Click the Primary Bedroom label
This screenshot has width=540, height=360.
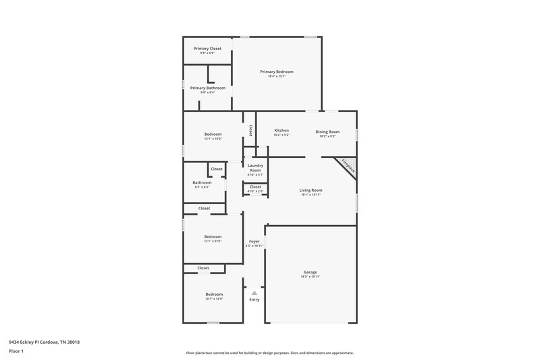(277, 72)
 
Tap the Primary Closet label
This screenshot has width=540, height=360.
(207, 49)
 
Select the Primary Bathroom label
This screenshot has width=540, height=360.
(207, 88)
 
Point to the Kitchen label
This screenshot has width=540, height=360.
(281, 130)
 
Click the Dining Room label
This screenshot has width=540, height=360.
(327, 131)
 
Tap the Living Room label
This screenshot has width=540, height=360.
(311, 190)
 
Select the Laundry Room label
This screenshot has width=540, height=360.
(255, 168)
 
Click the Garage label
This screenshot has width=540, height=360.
(310, 272)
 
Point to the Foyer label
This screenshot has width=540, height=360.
(254, 241)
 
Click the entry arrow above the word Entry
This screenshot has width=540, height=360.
(254, 292)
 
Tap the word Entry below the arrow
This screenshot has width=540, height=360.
(254, 300)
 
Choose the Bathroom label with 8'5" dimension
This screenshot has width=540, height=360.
(202, 182)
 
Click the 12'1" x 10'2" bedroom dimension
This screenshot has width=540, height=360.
(213, 138)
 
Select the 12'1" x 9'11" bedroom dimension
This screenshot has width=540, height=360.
(213, 240)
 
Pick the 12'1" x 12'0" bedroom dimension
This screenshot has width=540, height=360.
(213, 299)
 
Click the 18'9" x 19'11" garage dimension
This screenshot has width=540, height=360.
(310, 277)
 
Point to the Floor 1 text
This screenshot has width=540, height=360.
(16, 352)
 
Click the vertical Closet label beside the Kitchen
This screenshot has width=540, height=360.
(250, 130)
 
